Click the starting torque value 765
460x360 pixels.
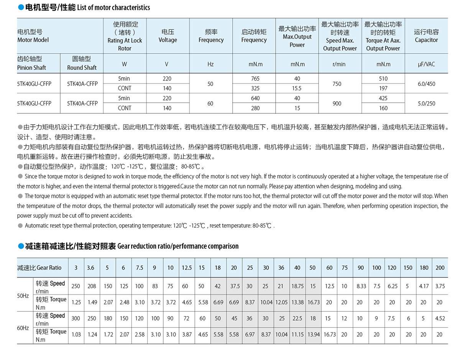(255, 79)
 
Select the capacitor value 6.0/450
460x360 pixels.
(426, 84)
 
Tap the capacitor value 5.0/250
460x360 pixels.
(426, 103)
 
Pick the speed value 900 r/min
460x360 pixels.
(337, 103)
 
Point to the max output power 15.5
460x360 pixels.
(297, 88)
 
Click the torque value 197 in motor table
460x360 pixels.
(383, 88)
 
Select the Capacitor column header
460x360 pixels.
(426, 36)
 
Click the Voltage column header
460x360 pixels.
(168, 36)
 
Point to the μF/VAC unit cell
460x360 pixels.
(426, 64)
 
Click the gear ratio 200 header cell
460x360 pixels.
(440, 268)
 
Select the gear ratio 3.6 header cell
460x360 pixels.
(90, 268)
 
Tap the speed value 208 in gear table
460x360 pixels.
(92, 286)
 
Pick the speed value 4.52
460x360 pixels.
(440, 318)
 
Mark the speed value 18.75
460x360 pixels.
(297, 286)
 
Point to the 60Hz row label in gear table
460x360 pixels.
(23, 328)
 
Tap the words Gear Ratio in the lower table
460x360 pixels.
(46, 268)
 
